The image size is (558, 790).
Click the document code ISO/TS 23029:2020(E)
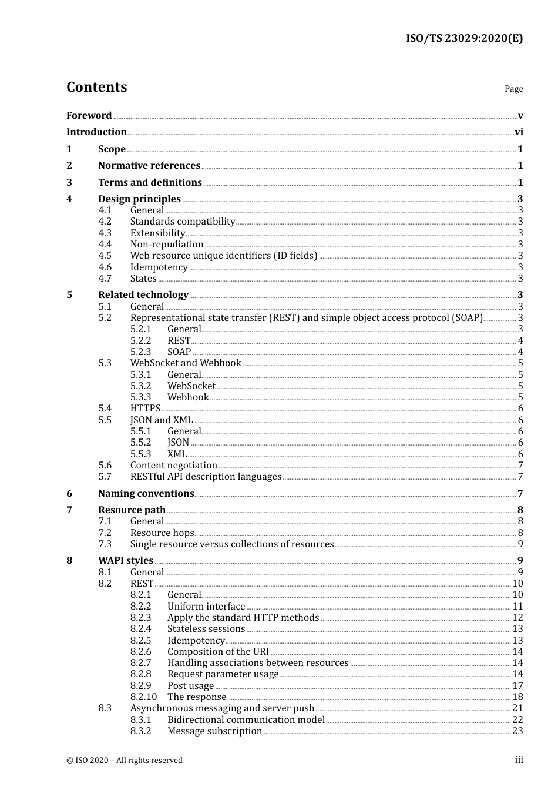click(x=464, y=38)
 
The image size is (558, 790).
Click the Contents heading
click(x=96, y=87)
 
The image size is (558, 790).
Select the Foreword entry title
click(x=89, y=115)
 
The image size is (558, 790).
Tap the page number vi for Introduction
click(x=519, y=132)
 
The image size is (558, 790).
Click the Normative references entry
click(x=149, y=166)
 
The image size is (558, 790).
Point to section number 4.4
click(x=105, y=245)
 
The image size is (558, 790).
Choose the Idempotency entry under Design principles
click(x=159, y=267)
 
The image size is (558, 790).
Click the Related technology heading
click(x=143, y=295)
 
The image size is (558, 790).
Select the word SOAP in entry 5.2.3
click(x=179, y=352)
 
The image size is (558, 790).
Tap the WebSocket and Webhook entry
click(x=186, y=363)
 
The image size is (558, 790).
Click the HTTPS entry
click(x=145, y=409)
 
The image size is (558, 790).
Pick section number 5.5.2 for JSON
click(x=141, y=443)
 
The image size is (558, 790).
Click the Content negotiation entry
click(x=174, y=466)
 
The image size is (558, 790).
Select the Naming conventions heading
click(x=146, y=494)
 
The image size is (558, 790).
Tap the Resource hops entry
click(x=162, y=533)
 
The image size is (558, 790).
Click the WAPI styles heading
click(x=126, y=561)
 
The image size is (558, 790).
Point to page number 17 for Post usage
click(x=517, y=686)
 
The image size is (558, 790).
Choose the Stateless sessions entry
click(x=206, y=629)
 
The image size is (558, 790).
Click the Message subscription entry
click(x=214, y=731)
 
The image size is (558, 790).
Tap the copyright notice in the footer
click(x=125, y=761)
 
